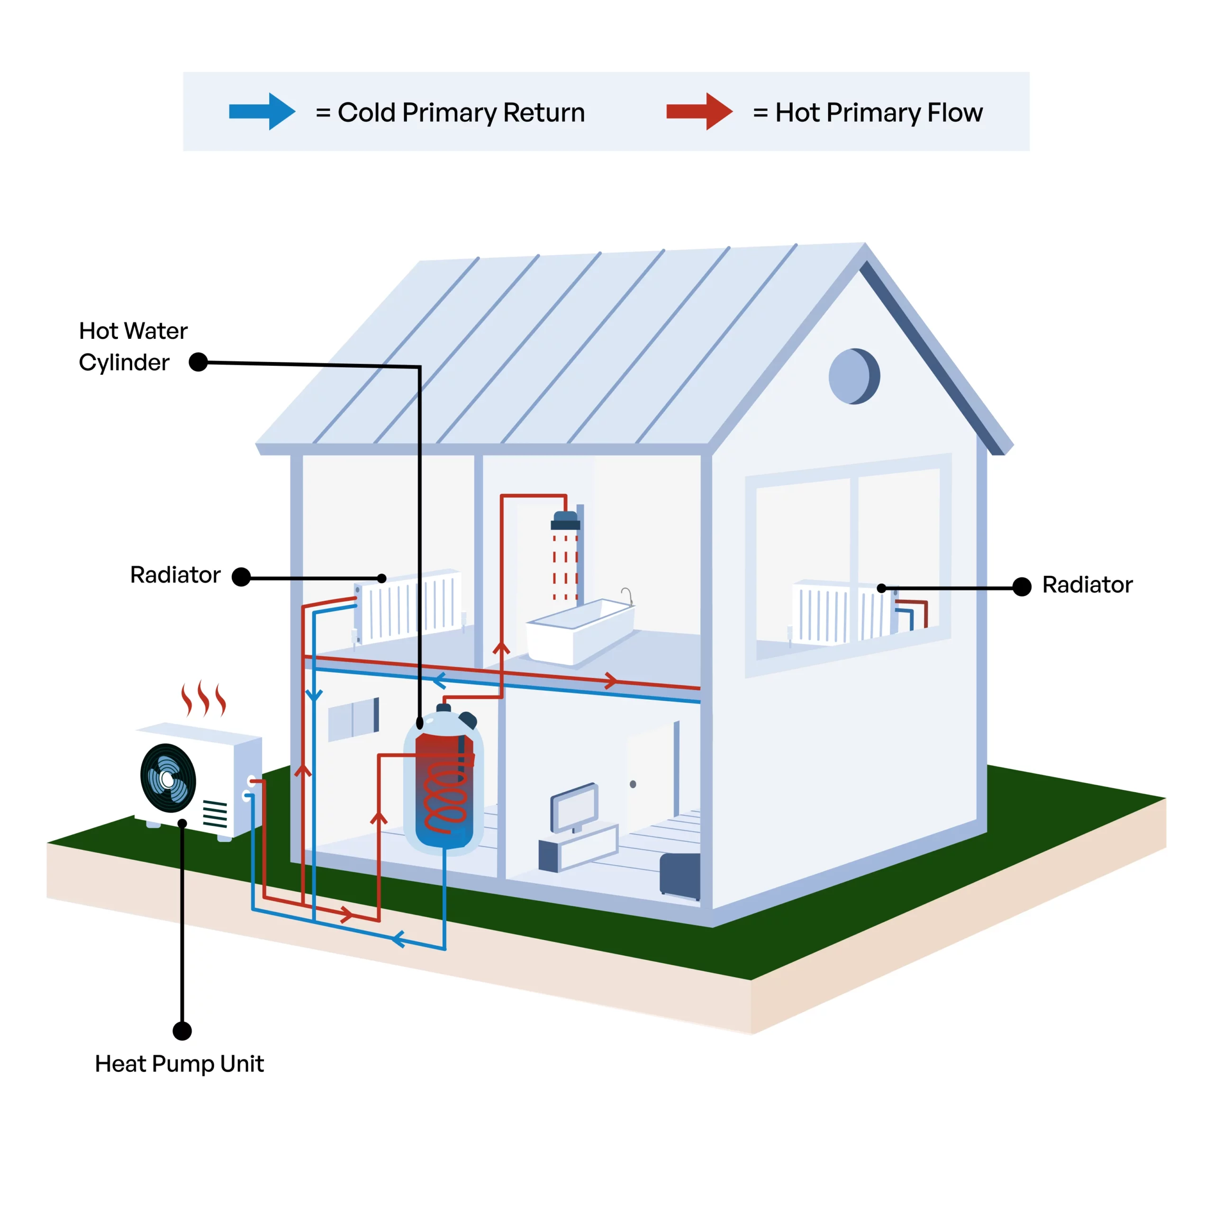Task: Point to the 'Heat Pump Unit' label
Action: click(x=179, y=1064)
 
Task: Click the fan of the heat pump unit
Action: click(x=168, y=778)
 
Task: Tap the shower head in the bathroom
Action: click(x=565, y=520)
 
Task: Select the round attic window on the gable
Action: click(x=854, y=376)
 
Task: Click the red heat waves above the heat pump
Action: click(x=203, y=699)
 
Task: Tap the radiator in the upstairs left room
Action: click(x=408, y=606)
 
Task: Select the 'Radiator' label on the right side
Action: click(x=1087, y=585)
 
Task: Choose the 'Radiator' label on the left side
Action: click(x=175, y=574)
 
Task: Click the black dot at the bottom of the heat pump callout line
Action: click(x=182, y=1031)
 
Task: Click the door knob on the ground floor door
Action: click(x=633, y=784)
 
